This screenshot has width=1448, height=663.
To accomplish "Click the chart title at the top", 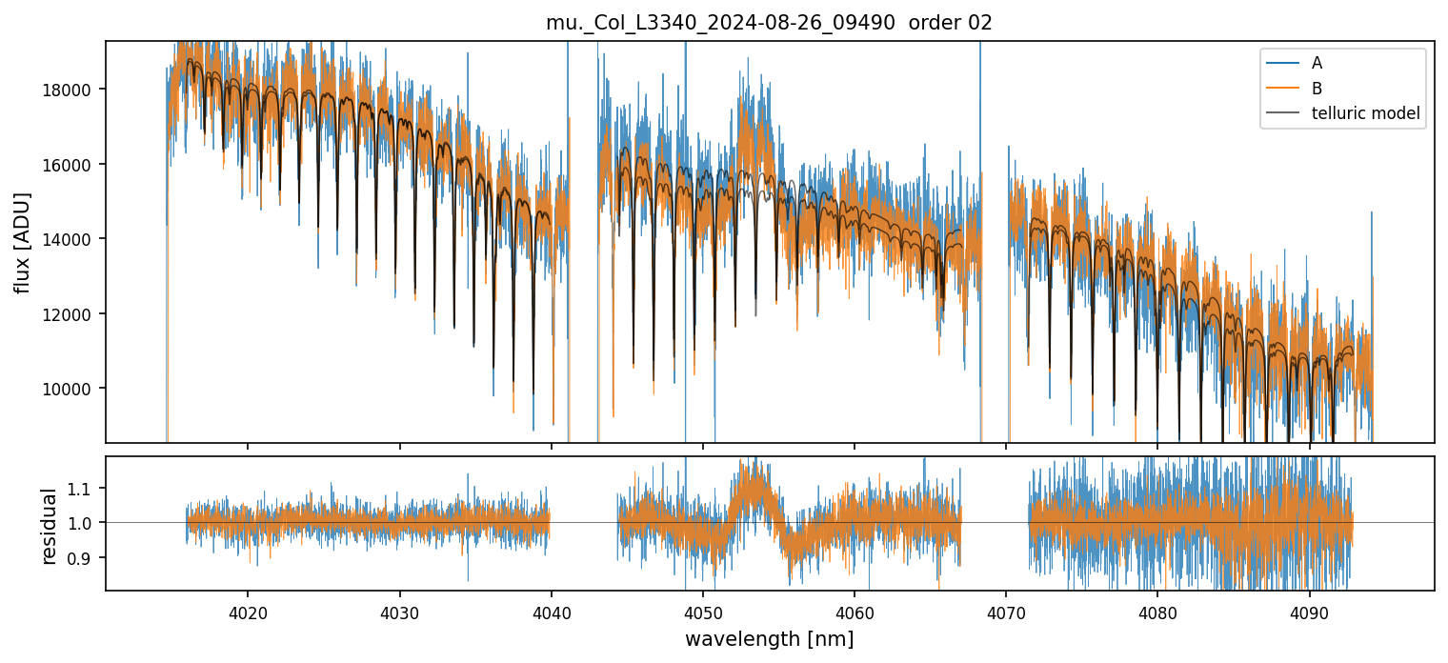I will (x=769, y=23).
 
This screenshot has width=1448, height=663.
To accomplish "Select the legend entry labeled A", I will (x=1317, y=63).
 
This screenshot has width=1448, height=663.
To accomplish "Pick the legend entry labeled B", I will (x=1317, y=89).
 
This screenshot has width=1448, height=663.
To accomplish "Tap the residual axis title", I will (x=49, y=524).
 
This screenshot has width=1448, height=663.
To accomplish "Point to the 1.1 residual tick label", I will (x=85, y=489).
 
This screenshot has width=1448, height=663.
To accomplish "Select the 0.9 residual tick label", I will (x=85, y=557).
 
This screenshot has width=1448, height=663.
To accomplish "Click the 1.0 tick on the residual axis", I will (x=85, y=523).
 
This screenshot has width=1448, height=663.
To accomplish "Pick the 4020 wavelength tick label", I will (x=248, y=610).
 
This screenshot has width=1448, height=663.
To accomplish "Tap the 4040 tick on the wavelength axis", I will (x=552, y=610).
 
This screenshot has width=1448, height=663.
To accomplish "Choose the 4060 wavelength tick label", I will (x=855, y=610).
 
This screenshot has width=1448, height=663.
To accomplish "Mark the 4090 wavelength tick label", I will (x=1309, y=610).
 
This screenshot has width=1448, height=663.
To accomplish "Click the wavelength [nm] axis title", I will (x=769, y=638).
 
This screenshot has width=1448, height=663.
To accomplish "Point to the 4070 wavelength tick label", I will (x=1006, y=610).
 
